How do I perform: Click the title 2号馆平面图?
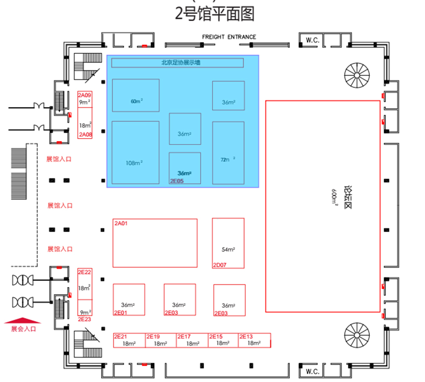point(215,14)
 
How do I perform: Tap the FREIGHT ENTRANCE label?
point(229,37)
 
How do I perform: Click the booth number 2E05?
point(177,181)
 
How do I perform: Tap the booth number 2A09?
point(85,95)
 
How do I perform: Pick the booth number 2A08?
point(85,135)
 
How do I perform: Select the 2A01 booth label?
point(121,223)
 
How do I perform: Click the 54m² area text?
point(228,250)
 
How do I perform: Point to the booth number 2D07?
point(220,265)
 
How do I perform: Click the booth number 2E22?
point(85,272)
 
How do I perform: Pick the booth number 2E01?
point(121,313)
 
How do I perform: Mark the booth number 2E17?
point(184,337)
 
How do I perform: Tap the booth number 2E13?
point(246,337)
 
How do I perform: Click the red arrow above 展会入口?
point(23,320)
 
